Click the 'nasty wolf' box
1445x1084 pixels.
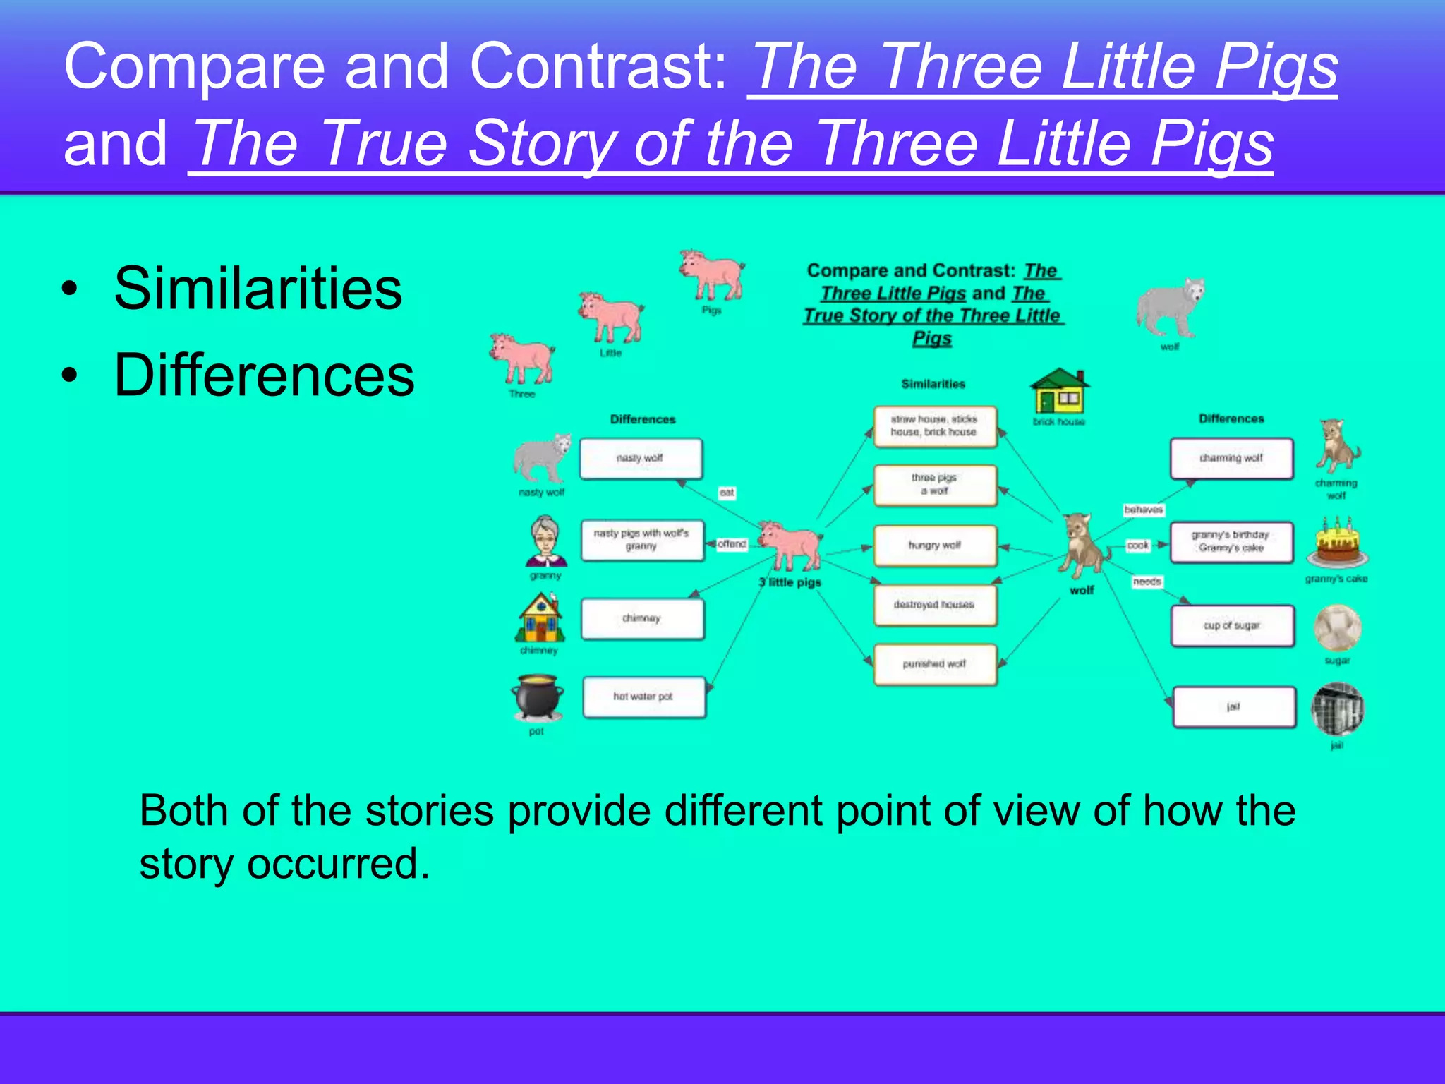[641, 459]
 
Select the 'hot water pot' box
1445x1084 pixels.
[643, 697]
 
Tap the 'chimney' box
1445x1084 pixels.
[642, 619]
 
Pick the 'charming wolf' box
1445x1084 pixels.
[1231, 459]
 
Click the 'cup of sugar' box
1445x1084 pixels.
[1232, 626]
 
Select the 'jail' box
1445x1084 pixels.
[1233, 707]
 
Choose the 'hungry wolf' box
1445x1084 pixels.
[935, 546]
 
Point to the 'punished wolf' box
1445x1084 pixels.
[935, 664]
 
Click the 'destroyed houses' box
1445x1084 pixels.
[935, 605]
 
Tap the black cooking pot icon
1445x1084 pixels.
[538, 697]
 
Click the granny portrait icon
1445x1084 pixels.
[545, 542]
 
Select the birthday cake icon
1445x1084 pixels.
[1336, 543]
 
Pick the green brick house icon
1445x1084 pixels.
[1060, 391]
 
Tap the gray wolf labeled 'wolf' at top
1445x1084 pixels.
[1170, 308]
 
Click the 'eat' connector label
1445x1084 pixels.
[727, 493]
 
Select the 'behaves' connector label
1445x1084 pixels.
[1143, 510]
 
